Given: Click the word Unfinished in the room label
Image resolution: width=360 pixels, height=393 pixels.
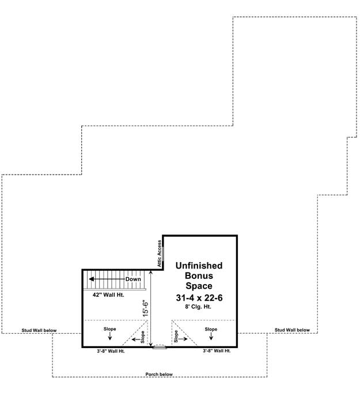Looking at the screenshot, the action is click(199, 266).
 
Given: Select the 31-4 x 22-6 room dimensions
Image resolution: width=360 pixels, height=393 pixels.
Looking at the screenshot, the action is click(199, 298).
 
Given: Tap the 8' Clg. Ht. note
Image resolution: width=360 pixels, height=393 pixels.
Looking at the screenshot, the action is click(198, 307).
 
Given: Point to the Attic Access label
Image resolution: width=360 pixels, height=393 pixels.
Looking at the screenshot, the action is click(160, 254).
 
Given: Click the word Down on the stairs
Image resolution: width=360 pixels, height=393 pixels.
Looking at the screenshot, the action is click(133, 279).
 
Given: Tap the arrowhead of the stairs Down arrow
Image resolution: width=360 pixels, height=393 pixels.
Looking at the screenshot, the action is click(92, 279).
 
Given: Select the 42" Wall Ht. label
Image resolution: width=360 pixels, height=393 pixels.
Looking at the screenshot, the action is click(108, 295).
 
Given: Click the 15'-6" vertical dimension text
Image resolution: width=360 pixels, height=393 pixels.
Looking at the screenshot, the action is click(146, 308).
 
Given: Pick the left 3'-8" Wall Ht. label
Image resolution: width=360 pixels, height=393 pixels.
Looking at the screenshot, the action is click(111, 351).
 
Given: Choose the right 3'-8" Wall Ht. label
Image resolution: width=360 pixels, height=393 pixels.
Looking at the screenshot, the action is click(217, 351).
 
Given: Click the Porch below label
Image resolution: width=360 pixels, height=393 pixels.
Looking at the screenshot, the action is click(159, 374).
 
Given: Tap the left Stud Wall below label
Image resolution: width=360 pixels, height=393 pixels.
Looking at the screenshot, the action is click(39, 330).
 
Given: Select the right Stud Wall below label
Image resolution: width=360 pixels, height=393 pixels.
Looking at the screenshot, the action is click(292, 330).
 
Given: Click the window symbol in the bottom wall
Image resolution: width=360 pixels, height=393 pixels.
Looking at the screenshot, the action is click(160, 347).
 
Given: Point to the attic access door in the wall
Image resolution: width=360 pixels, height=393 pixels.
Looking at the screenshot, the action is click(163, 254).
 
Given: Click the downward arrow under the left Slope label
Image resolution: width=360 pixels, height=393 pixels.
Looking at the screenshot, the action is click(110, 337).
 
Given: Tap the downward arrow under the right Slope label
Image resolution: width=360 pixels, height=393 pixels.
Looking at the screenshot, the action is click(211, 337).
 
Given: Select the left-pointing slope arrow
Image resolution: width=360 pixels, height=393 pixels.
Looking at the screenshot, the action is click(136, 339).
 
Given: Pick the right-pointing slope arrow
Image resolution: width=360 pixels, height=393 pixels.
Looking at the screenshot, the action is click(183, 339).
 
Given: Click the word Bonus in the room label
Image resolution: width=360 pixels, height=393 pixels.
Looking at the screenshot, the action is click(199, 275).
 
